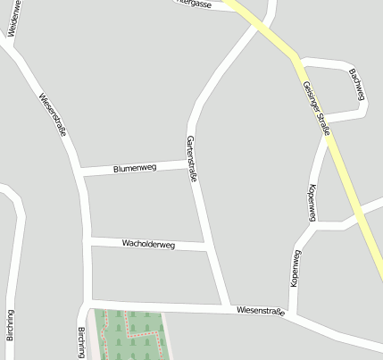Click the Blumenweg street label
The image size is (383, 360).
[x=135, y=167]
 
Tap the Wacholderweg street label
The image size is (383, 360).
[x=148, y=244]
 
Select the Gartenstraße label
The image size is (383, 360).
[x=191, y=159]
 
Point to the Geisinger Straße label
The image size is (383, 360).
[x=316, y=107]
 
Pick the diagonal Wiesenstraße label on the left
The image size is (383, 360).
[x=55, y=114]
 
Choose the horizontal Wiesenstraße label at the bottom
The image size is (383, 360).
[x=261, y=311]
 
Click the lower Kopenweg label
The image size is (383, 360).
[x=296, y=267]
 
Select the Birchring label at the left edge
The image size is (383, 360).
[x=11, y=325]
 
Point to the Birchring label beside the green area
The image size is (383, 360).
[x=81, y=342]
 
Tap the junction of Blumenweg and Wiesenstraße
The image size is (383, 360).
[x=81, y=171]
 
